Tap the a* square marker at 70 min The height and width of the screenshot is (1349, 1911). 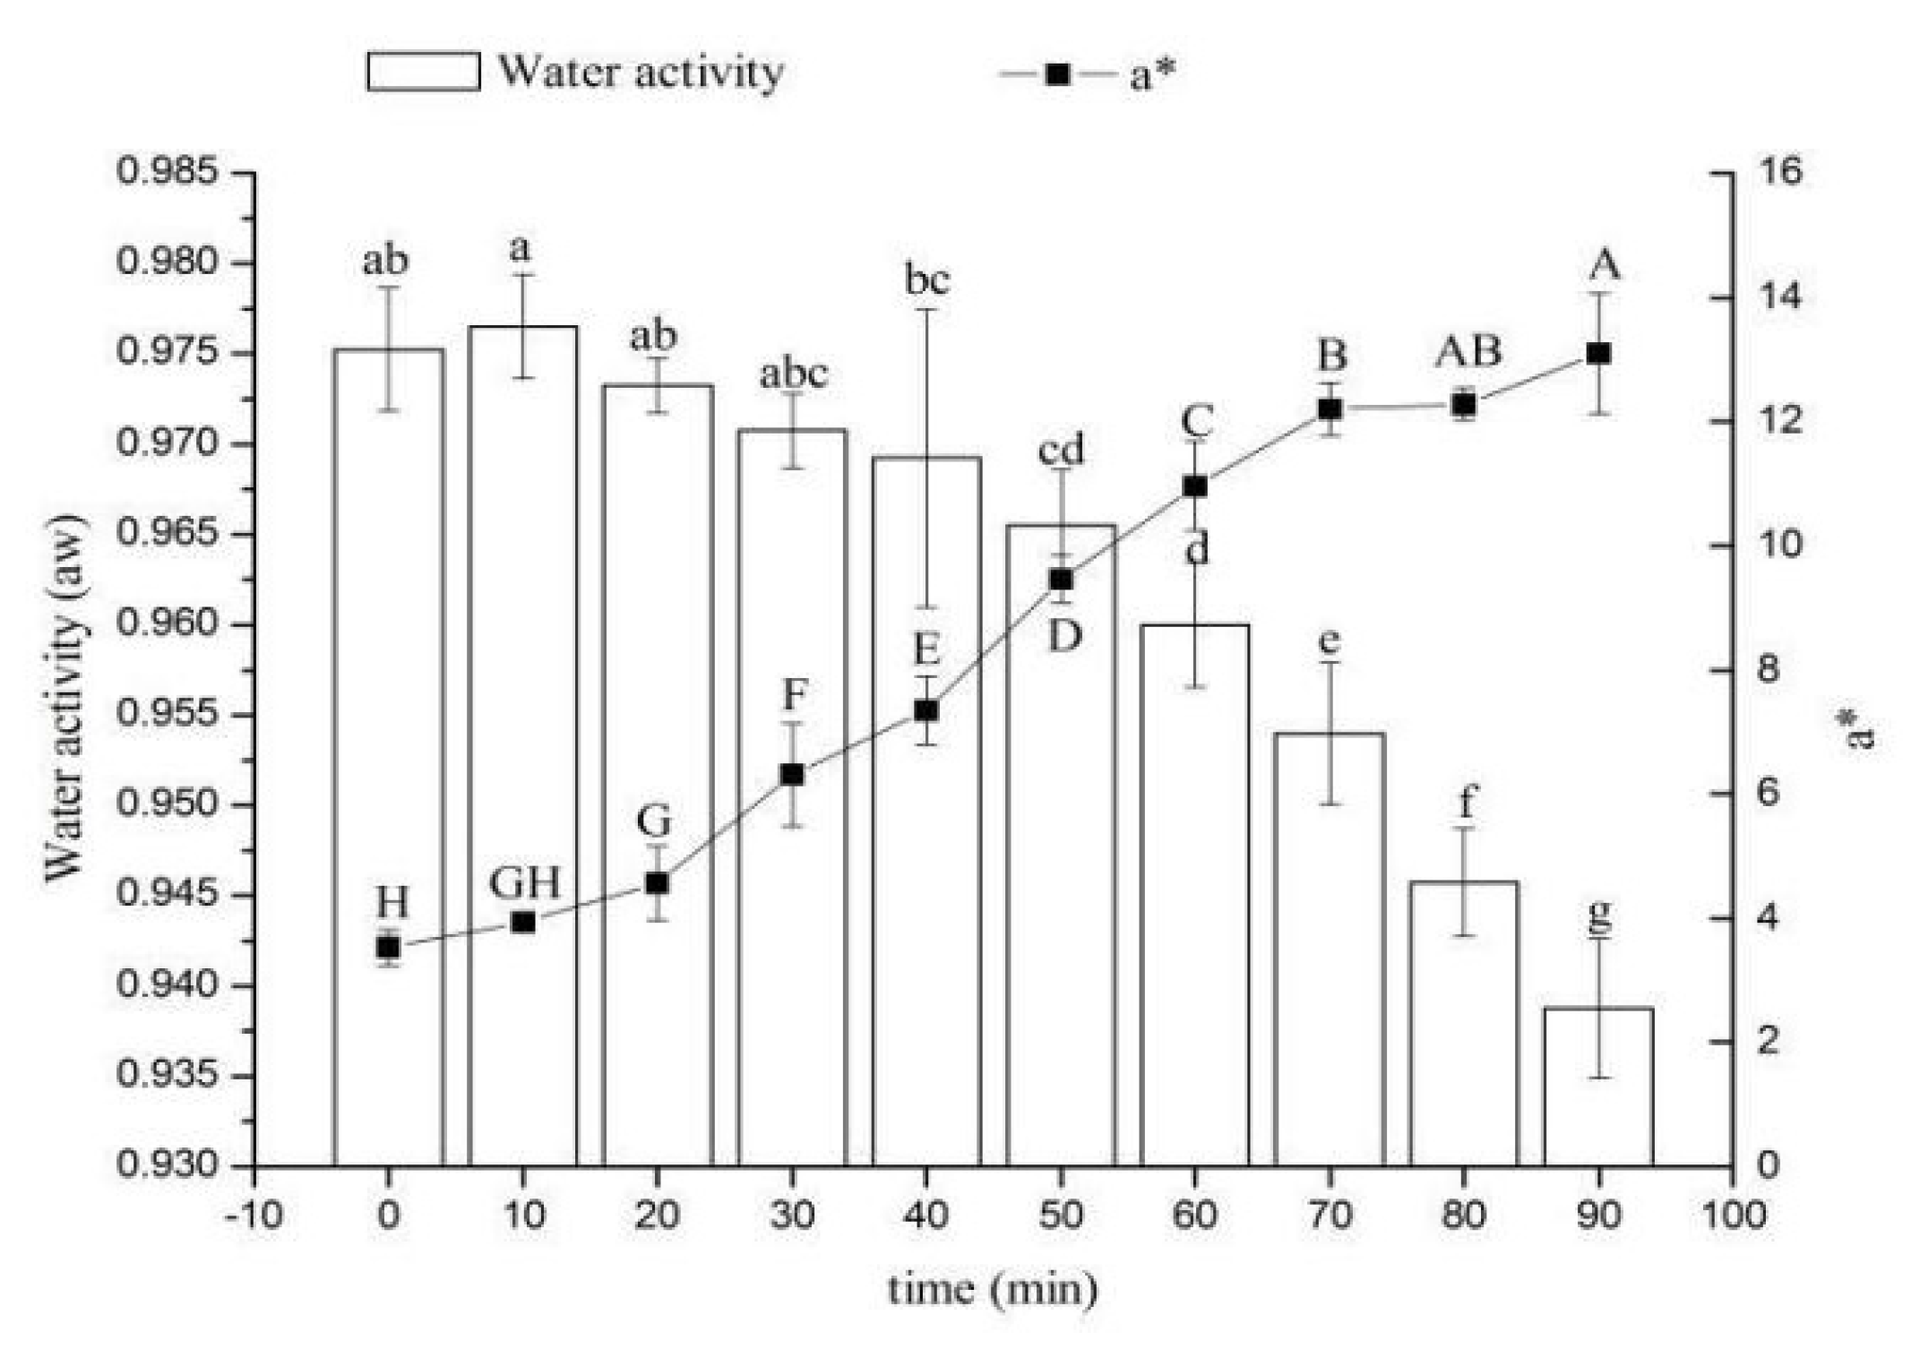[x=1330, y=408]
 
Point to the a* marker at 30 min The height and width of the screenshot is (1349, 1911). [x=792, y=775]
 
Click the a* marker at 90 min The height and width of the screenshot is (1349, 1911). [x=1598, y=354]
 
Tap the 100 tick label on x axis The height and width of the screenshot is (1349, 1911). [x=1732, y=1216]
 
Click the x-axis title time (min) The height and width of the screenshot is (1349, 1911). [x=993, y=1289]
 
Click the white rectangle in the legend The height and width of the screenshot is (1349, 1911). [x=423, y=72]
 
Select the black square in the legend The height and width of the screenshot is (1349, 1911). [x=1057, y=73]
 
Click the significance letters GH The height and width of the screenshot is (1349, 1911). [x=525, y=883]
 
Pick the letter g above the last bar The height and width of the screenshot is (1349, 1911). [x=1598, y=913]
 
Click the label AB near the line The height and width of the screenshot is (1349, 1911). [x=1468, y=350]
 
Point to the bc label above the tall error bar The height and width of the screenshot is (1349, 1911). [x=926, y=280]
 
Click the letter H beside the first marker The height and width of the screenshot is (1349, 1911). [x=392, y=902]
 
